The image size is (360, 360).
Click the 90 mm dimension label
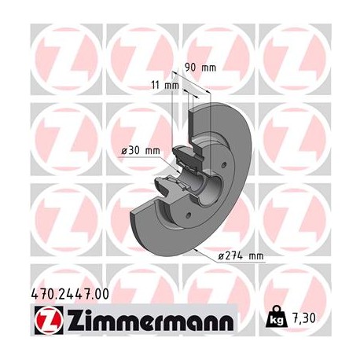point(198,68)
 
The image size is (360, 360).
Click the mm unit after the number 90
point(208,68)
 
